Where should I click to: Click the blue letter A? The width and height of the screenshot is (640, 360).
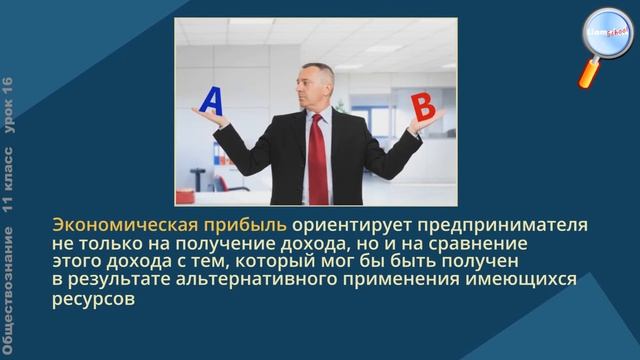pos(212,102)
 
